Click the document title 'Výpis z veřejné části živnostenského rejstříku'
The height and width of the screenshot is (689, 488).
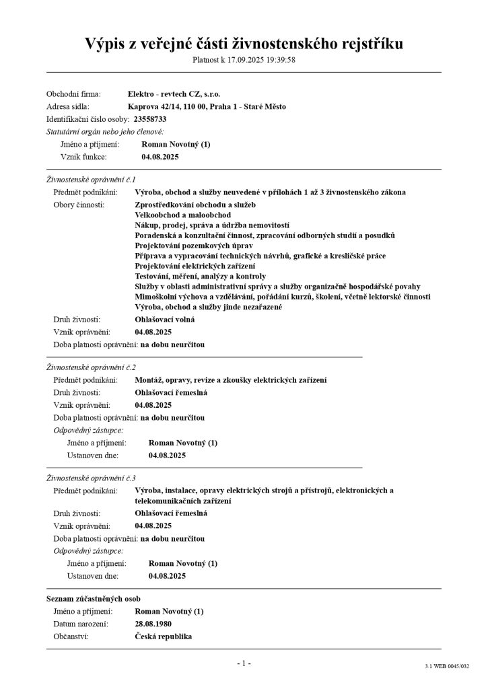click(244, 44)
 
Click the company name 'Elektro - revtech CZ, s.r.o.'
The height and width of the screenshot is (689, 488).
click(174, 94)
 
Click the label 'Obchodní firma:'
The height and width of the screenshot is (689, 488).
click(73, 94)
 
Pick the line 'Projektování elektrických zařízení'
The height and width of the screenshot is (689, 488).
click(195, 266)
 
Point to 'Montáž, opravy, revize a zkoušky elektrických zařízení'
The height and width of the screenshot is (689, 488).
click(231, 380)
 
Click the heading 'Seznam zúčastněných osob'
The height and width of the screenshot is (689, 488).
click(93, 598)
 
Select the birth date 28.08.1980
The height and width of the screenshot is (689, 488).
click(153, 624)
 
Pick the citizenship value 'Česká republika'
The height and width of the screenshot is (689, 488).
click(164, 636)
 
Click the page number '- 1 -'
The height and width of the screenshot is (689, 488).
click(244, 663)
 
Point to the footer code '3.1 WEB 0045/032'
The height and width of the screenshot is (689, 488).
click(446, 666)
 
